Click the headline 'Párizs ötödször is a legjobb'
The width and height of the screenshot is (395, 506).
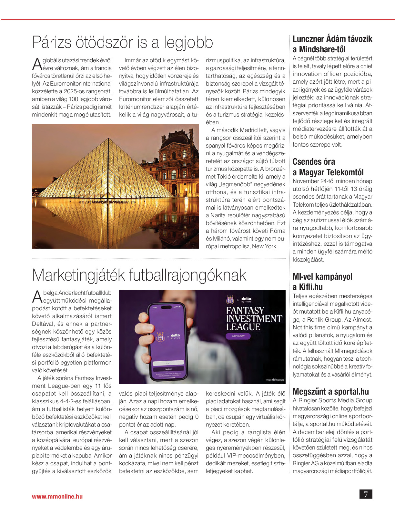pyautogui.click(x=123, y=43)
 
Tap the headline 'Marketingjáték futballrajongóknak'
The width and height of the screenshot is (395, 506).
pyautogui.click(x=139, y=275)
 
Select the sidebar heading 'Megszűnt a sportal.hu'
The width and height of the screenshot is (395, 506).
pyautogui.click(x=330, y=392)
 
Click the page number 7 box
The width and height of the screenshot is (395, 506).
pyautogui.click(x=366, y=494)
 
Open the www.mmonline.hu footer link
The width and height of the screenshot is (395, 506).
pyautogui.click(x=57, y=497)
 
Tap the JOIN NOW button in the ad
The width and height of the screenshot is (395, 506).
pyautogui.click(x=238, y=336)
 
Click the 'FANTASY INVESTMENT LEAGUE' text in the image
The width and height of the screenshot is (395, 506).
pyautogui.click(x=254, y=319)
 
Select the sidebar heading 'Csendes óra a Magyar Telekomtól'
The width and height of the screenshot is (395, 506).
pyautogui.click(x=328, y=167)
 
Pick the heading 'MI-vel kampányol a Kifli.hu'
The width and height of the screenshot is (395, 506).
pyautogui.click(x=322, y=282)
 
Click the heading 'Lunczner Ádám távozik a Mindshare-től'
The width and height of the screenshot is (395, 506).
pyautogui.click(x=332, y=44)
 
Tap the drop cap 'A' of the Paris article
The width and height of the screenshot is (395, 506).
pyautogui.click(x=37, y=64)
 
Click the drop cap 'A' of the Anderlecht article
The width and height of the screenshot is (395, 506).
pyautogui.click(x=37, y=296)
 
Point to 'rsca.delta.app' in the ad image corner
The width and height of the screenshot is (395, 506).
pyautogui.click(x=275, y=380)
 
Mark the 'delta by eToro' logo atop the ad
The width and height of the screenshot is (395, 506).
pyautogui.click(x=246, y=299)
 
